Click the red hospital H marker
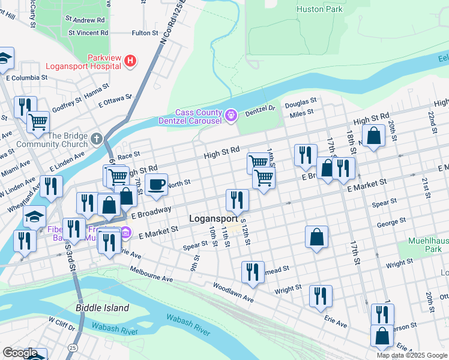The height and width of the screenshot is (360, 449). tap(130, 61)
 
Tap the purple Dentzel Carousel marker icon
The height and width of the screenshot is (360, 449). tap(231, 114)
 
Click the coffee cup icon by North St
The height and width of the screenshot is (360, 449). tap(157, 185)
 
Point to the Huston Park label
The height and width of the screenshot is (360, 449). tap(319, 10)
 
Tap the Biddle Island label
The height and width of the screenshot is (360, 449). tap(103, 308)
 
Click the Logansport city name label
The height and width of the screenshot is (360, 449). tap(215, 219)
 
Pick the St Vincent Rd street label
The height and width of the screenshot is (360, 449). tap(88, 32)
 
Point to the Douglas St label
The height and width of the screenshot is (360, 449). tap(300, 103)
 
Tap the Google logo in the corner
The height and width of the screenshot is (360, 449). tap(20, 353)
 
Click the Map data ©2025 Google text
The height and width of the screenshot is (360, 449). tap(412, 355)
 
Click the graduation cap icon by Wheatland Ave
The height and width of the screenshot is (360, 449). tap(34, 216)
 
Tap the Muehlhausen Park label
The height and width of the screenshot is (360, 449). tap(429, 244)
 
